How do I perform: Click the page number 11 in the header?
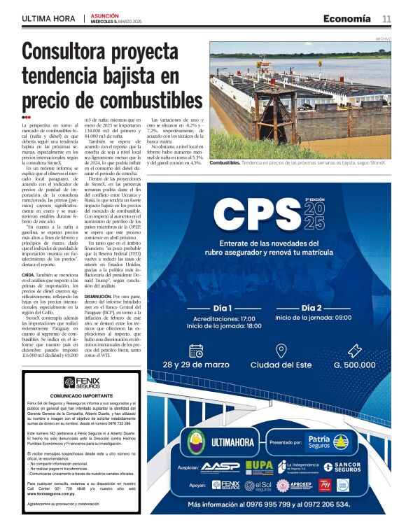pyautogui.click(x=386, y=19)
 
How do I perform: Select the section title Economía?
pyautogui.click(x=347, y=19)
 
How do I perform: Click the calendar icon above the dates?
pyautogui.click(x=196, y=351)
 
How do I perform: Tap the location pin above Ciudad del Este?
pyautogui.click(x=281, y=351)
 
